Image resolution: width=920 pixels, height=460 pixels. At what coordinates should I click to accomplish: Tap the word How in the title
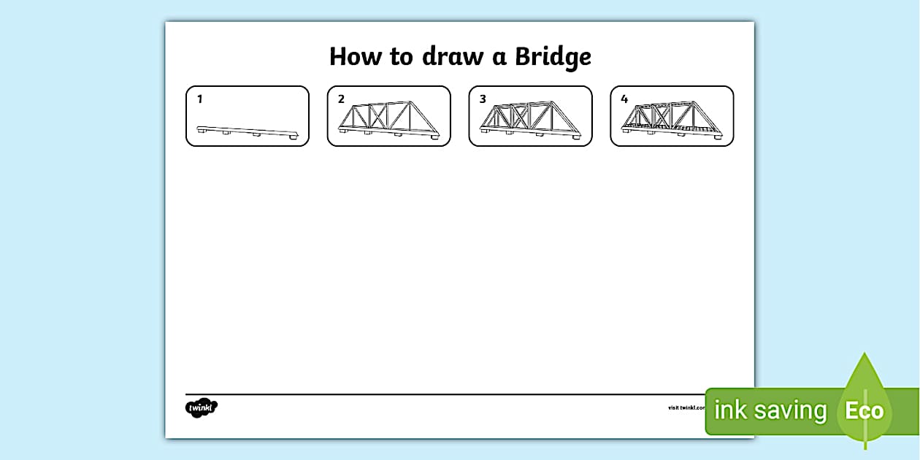click(355, 57)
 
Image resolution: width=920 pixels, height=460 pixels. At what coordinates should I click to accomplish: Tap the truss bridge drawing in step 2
click(389, 119)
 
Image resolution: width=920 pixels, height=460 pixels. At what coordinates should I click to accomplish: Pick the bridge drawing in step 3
click(531, 119)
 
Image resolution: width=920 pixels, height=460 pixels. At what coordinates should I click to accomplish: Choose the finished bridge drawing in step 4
click(672, 119)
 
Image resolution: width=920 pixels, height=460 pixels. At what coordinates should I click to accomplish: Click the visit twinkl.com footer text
click(686, 407)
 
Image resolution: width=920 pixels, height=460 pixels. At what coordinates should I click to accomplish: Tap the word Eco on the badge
click(865, 411)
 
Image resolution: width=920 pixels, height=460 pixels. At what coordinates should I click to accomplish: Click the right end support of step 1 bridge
click(294, 137)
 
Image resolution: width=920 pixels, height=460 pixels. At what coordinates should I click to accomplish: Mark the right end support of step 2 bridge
click(435, 137)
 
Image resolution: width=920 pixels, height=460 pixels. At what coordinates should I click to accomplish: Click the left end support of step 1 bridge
click(200, 131)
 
